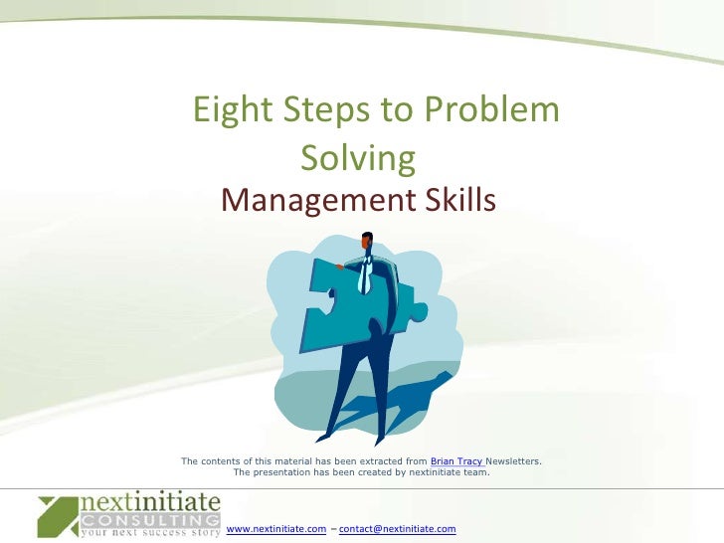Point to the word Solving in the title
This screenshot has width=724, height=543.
[356, 157]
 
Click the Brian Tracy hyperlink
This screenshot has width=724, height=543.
[456, 462]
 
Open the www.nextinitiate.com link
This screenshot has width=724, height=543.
[276, 529]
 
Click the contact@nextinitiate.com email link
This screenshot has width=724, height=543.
[397, 529]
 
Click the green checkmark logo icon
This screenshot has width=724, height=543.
[57, 516]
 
